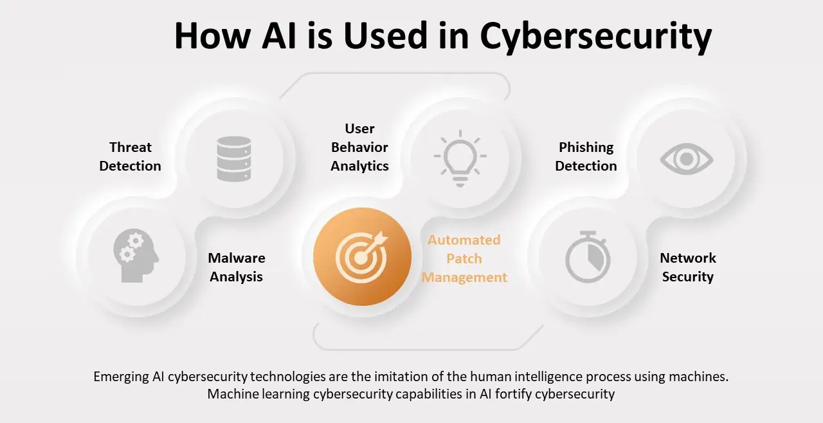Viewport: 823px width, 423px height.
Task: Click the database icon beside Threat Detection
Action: tap(233, 158)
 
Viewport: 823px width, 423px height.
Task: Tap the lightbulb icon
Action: tap(460, 158)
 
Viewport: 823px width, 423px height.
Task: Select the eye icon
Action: tap(687, 158)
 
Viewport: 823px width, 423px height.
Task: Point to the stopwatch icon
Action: tap(587, 258)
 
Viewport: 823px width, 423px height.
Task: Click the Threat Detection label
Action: tap(130, 156)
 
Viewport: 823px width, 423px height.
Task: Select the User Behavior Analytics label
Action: tap(359, 147)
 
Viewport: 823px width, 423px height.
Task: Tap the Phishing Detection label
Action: tap(586, 156)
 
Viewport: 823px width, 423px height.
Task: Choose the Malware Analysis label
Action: tap(237, 267)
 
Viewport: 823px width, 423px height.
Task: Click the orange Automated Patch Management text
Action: tap(464, 259)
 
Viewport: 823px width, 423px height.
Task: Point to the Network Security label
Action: tap(688, 267)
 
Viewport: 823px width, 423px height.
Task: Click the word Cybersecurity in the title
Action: tap(596, 36)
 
